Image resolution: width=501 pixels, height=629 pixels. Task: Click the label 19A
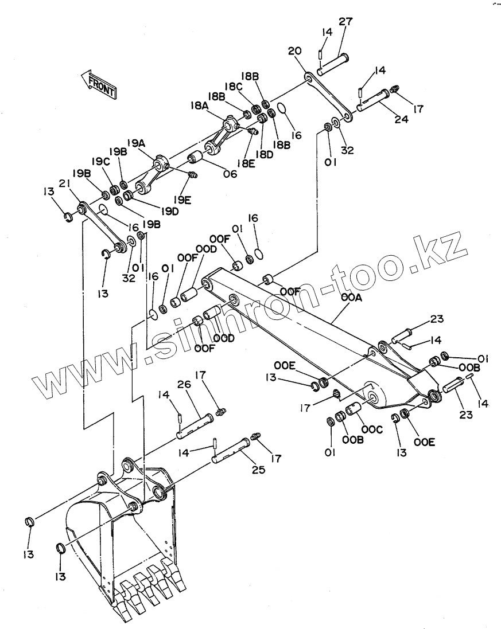point(136,143)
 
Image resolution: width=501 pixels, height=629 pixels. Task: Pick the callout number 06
point(230,174)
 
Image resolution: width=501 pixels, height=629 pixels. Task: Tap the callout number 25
point(258,470)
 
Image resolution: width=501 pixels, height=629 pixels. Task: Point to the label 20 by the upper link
point(294,51)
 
